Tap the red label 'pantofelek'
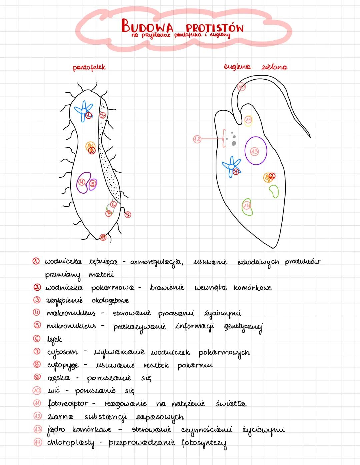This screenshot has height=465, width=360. [89, 67]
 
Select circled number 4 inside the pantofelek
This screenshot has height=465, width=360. [81, 182]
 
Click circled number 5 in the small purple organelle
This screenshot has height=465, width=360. [92, 183]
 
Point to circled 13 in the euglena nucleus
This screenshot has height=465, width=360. [255, 151]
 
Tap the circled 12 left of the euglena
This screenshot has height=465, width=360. [197, 139]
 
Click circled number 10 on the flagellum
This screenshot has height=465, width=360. [241, 87]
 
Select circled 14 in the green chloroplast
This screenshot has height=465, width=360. [246, 205]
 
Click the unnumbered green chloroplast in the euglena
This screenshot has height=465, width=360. [274, 191]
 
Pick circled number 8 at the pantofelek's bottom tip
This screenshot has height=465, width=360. [103, 237]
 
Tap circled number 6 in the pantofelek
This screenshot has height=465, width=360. [113, 204]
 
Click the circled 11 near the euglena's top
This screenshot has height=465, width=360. [248, 119]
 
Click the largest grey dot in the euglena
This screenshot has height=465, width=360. [234, 143]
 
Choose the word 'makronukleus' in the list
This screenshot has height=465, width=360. [71, 313]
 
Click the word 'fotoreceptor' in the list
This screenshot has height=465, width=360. [68, 404]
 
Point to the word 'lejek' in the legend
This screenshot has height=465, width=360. [54, 339]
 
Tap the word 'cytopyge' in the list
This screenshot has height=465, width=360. [63, 365]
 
